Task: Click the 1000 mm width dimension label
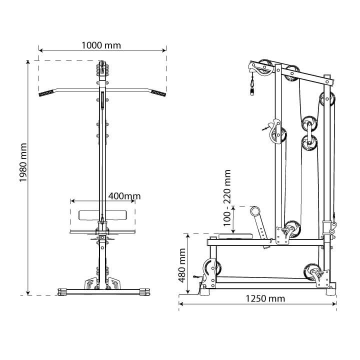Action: pyautogui.click(x=101, y=45)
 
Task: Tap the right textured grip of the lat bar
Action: pyautogui.click(x=159, y=93)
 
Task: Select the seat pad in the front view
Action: pyautogui.click(x=102, y=215)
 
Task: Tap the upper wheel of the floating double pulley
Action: pyautogui.click(x=309, y=123)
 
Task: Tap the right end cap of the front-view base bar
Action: pyautogui.click(x=145, y=290)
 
